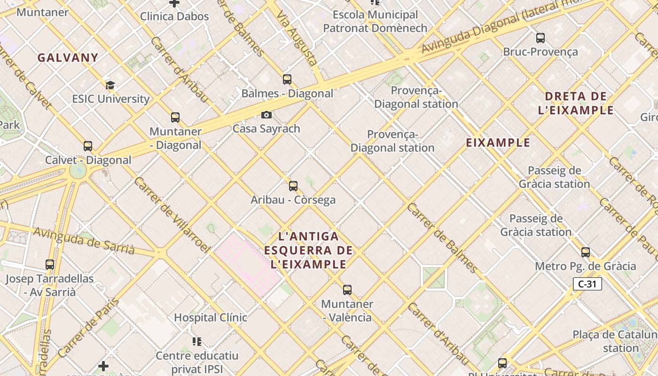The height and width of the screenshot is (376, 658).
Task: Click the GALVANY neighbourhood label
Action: (68, 58)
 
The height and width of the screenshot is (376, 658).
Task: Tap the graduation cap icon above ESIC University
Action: (110, 85)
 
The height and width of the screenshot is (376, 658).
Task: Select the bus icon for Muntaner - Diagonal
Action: (175, 117)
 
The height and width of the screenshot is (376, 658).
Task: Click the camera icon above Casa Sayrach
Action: (266, 115)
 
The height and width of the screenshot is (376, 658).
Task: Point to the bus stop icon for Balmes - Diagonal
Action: (287, 79)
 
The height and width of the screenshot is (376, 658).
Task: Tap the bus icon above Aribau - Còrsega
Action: (293, 186)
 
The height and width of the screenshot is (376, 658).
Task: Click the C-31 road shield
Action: (587, 284)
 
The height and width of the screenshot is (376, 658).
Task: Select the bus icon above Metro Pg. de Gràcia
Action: (586, 252)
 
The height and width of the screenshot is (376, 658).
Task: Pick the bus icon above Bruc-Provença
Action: (540, 38)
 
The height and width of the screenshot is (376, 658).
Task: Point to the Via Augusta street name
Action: (297, 39)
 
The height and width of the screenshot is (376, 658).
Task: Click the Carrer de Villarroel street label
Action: (171, 214)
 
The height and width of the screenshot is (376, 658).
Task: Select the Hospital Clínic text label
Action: (211, 318)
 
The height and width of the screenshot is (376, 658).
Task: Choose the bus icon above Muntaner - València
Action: (347, 290)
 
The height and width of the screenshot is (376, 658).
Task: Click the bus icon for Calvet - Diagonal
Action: (88, 146)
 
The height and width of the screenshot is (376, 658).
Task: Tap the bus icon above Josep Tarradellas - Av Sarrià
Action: (50, 265)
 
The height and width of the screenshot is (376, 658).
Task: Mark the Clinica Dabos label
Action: (174, 16)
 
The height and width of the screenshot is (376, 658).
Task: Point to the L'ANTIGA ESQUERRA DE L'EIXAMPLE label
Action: (308, 250)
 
